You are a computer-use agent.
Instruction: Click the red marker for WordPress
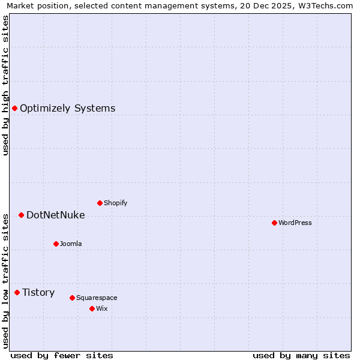pyautogui.click(x=274, y=223)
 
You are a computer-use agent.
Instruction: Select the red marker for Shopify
pyautogui.click(x=100, y=203)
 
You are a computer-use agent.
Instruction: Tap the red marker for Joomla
pyautogui.click(x=56, y=244)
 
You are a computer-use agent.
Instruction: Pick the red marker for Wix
pyautogui.click(x=92, y=308)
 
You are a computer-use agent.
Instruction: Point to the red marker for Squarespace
pyautogui.click(x=72, y=298)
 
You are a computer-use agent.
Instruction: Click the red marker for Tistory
pyautogui.click(x=17, y=292)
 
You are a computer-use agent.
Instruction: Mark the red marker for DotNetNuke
pyautogui.click(x=21, y=215)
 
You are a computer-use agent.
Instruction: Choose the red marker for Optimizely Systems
pyautogui.click(x=14, y=108)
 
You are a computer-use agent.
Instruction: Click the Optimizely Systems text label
pyautogui.click(x=67, y=109)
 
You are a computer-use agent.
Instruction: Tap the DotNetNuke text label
pyautogui.click(x=55, y=215)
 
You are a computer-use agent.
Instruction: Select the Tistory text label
pyautogui.click(x=38, y=293)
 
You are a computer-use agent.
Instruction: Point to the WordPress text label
pyautogui.click(x=295, y=223)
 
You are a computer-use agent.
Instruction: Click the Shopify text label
pyautogui.click(x=115, y=203)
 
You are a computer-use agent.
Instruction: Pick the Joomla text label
pyautogui.click(x=71, y=244)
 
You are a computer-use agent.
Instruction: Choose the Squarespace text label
pyautogui.click(x=97, y=298)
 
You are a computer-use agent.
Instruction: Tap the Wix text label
pyautogui.click(x=102, y=309)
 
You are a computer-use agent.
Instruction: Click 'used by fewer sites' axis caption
pyautogui.click(x=62, y=355)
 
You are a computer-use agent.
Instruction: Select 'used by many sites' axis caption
pyautogui.click(x=301, y=355)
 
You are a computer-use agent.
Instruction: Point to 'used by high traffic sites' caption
pyautogui.click(x=5, y=85)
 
